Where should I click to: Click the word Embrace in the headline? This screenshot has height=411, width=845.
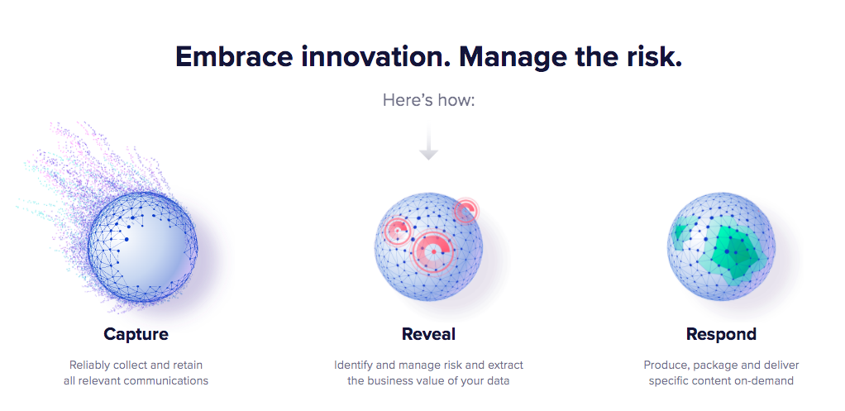[x=235, y=56]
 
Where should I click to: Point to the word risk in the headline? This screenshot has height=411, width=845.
[x=654, y=56]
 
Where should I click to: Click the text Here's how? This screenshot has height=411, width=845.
[x=429, y=100]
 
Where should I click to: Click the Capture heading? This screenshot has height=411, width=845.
[x=136, y=334]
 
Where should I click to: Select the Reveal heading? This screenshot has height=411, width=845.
[x=429, y=334]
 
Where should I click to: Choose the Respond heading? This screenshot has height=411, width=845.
[x=721, y=334]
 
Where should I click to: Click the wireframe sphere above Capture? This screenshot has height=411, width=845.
[x=143, y=246]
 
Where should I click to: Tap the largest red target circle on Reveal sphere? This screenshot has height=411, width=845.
[x=433, y=251]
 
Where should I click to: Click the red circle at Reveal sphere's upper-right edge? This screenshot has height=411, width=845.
[x=465, y=210]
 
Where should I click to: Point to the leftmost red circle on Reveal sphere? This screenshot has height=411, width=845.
[x=397, y=231]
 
